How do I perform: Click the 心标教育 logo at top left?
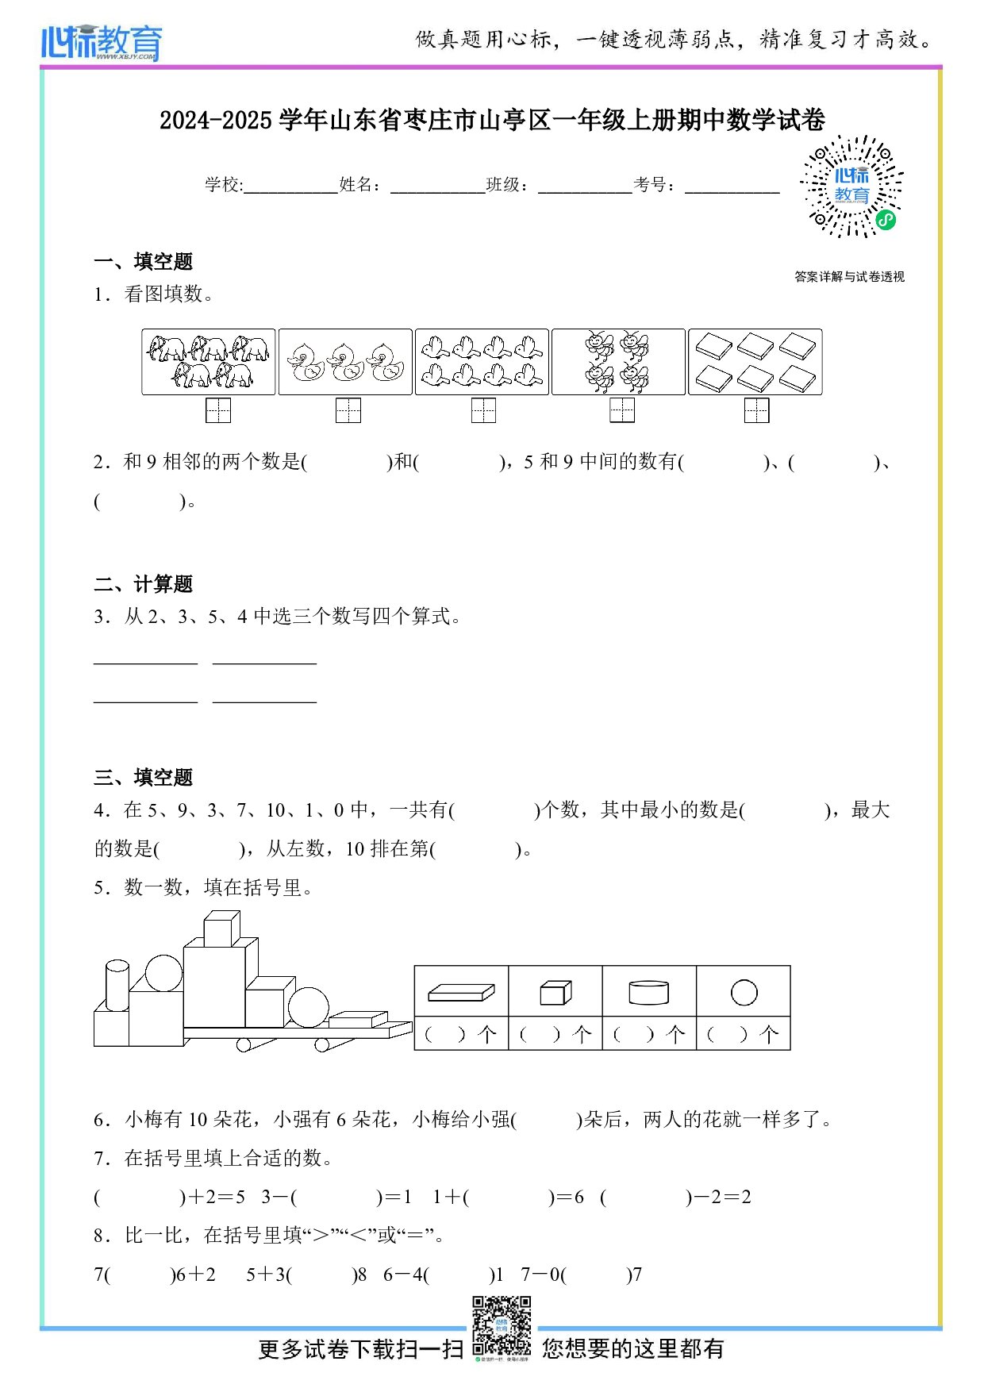point(102,42)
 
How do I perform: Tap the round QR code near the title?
point(851,186)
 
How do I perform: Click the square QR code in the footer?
point(502,1325)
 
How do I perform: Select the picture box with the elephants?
point(209,362)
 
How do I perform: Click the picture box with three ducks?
point(345,362)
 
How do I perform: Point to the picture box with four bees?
point(618,362)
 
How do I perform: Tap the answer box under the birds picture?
point(483,410)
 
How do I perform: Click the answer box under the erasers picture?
point(756,410)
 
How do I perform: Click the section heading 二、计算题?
point(144,584)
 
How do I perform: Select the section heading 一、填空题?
point(144,261)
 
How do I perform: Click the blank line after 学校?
point(290,187)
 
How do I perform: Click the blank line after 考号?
point(732,187)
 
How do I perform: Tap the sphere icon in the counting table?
point(744,992)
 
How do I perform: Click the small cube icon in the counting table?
point(555,992)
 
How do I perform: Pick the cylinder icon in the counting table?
point(648,992)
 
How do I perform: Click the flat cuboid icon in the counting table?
point(461,992)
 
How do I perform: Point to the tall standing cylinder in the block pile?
point(117,985)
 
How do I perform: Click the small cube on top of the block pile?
point(221,929)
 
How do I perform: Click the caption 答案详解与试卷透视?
point(849,276)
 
